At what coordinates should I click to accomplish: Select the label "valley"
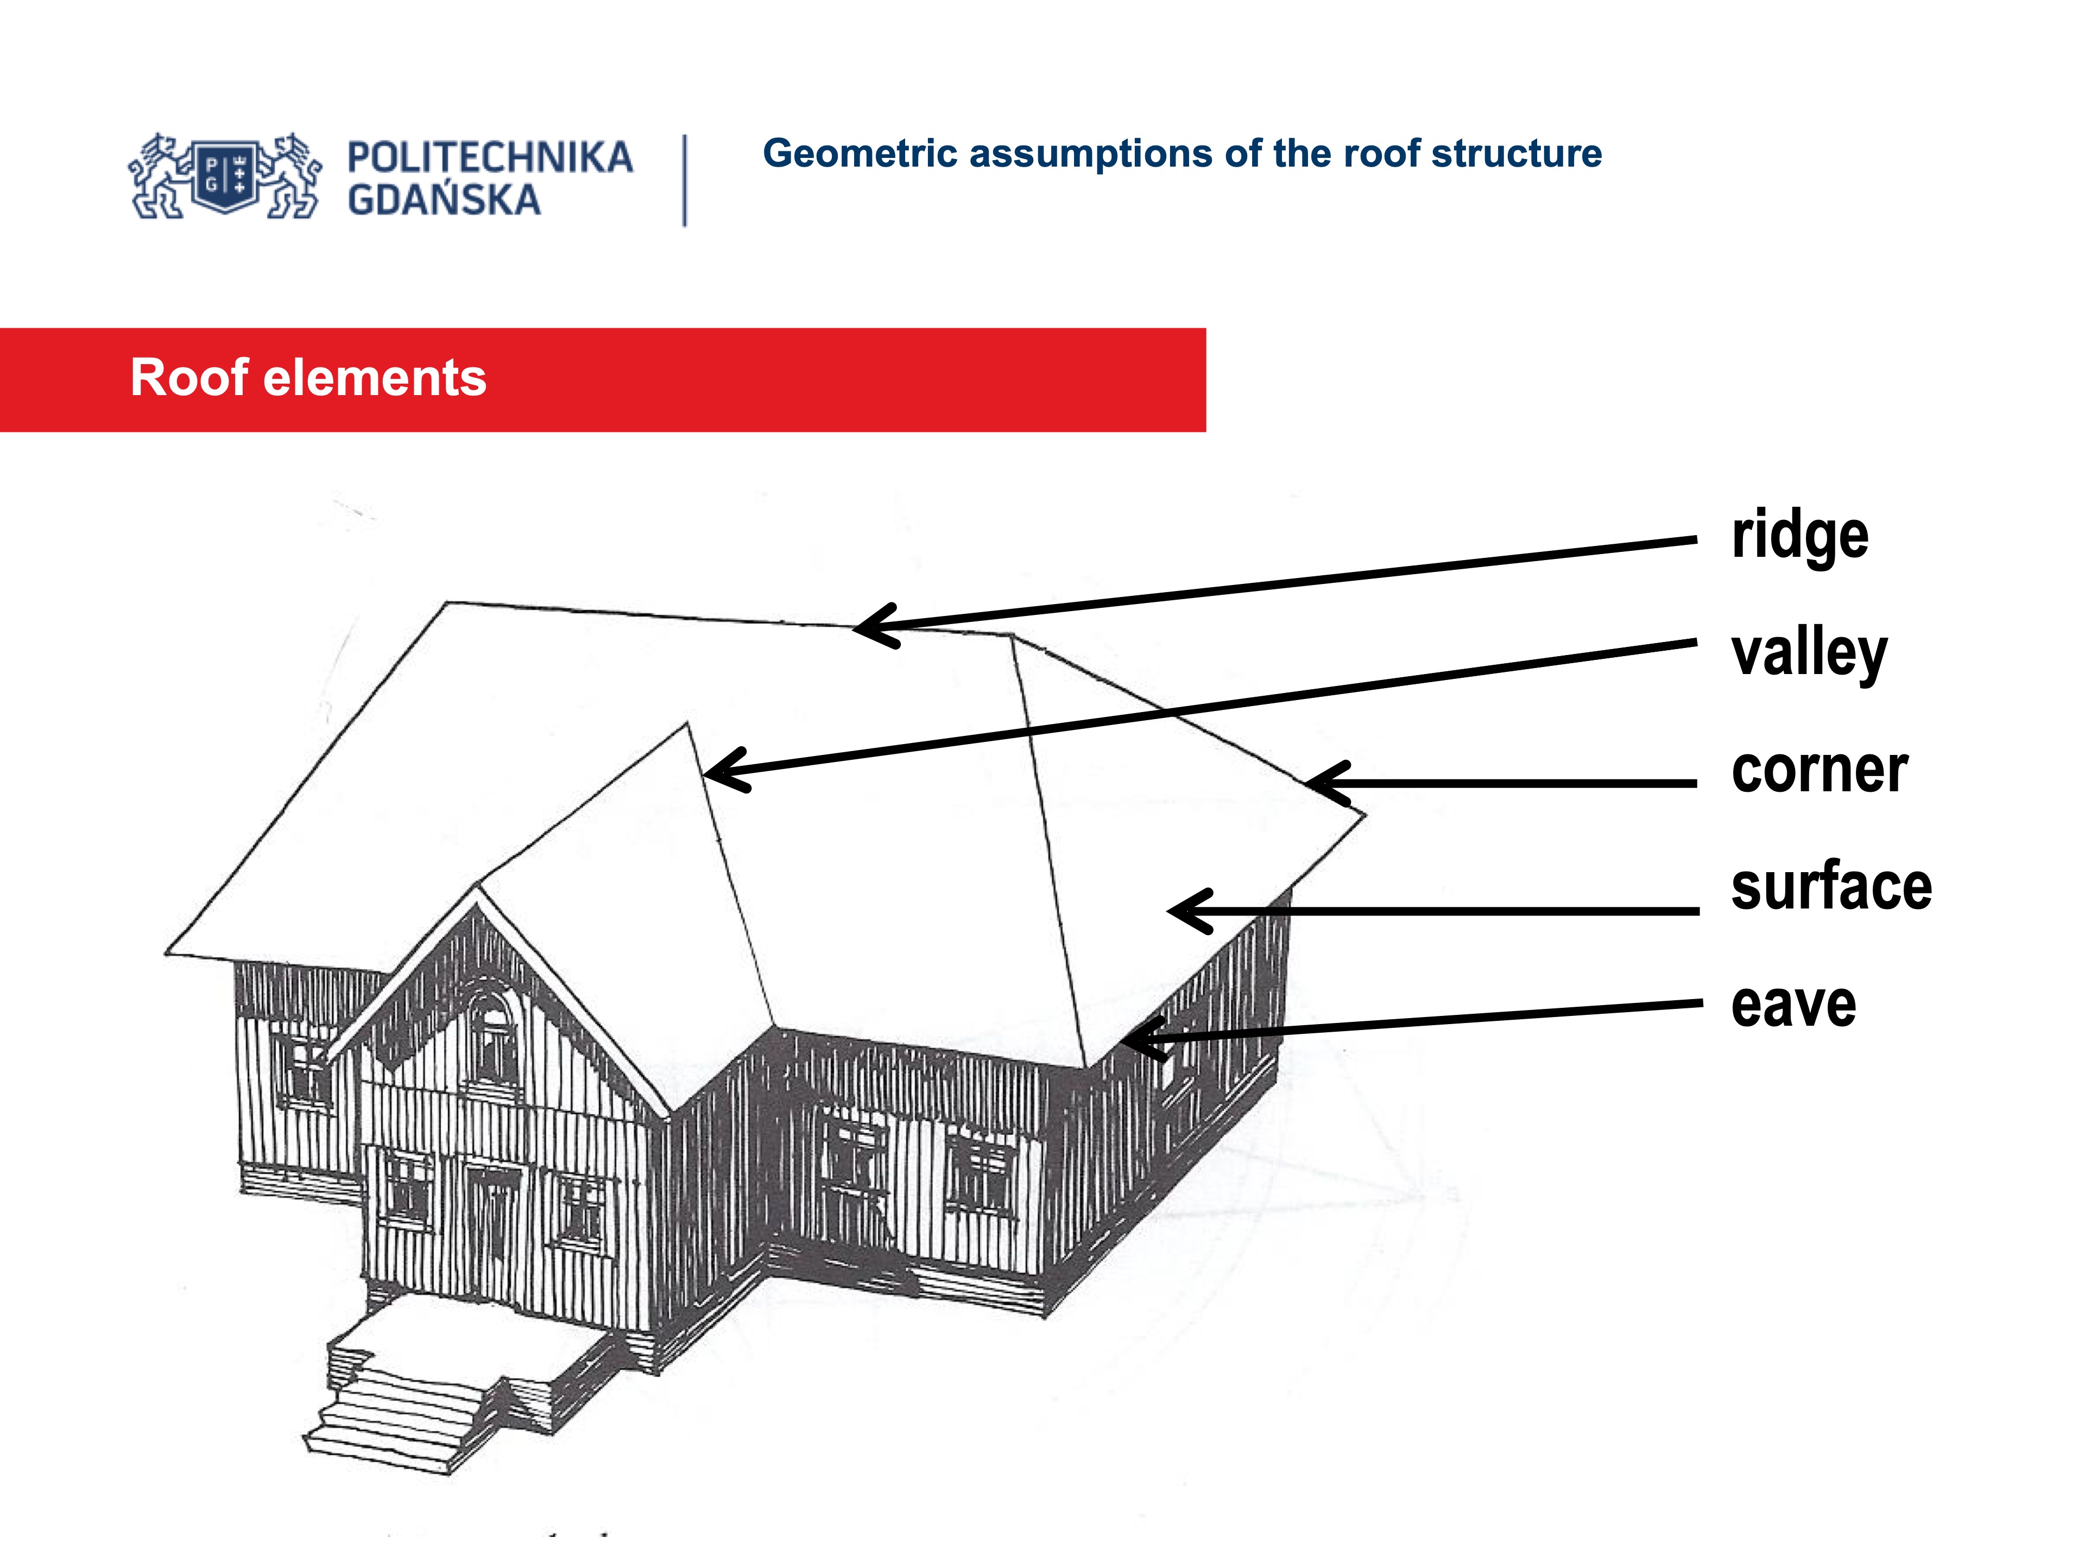click(1808, 653)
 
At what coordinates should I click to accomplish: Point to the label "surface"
click(1830, 887)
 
